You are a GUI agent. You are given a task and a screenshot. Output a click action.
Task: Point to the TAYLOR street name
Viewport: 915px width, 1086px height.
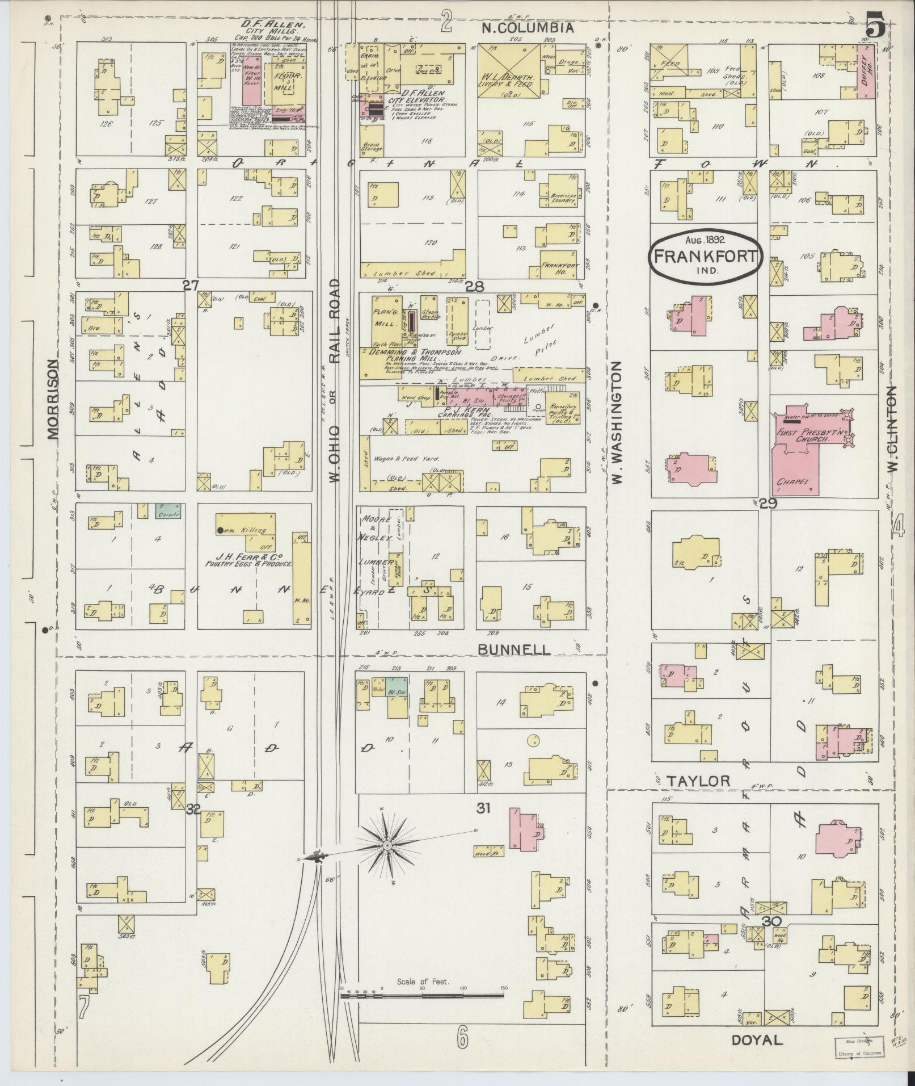(x=698, y=781)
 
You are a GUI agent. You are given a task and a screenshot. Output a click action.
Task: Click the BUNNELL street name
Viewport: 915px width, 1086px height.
(x=514, y=649)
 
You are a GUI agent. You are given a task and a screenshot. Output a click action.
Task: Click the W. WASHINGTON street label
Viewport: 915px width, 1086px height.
(x=618, y=422)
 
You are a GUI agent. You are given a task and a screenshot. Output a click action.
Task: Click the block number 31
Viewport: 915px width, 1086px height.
(x=483, y=808)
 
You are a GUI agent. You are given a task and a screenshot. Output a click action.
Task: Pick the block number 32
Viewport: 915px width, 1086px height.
(x=193, y=810)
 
